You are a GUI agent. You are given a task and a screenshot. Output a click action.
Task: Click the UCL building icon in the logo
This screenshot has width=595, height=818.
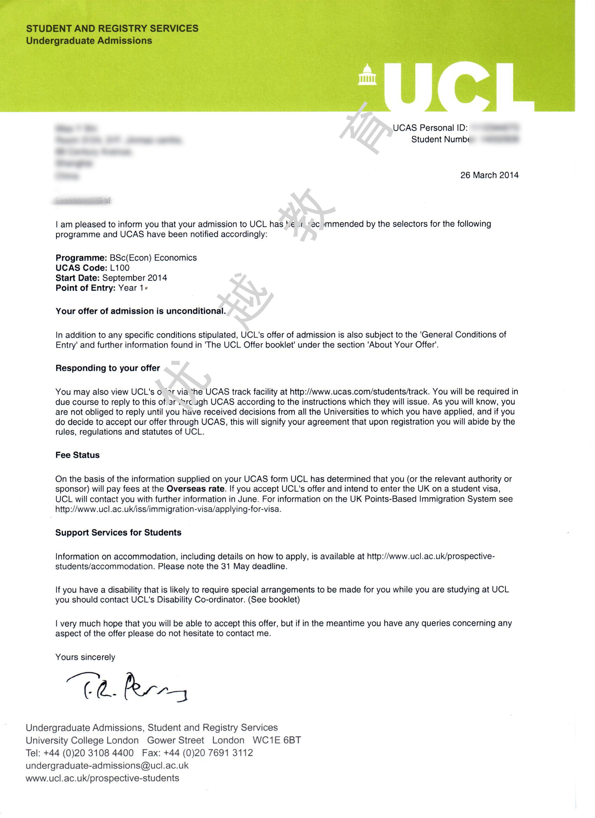367,75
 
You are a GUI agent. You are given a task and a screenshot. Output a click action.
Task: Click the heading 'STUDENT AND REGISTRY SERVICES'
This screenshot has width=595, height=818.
112,28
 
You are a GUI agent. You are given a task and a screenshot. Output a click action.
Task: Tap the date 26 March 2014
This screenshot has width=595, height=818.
489,175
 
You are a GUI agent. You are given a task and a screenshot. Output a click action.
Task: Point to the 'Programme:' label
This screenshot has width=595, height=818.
81,258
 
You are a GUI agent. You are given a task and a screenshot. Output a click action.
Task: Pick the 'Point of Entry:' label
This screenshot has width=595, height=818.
85,288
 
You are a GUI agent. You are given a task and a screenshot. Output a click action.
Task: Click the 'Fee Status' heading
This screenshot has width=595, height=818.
78,455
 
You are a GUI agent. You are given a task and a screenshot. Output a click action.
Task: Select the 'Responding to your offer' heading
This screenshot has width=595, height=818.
107,368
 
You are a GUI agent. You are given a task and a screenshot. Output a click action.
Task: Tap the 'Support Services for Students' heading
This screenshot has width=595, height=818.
118,533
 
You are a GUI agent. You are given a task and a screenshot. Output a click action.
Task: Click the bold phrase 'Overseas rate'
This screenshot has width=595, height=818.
195,489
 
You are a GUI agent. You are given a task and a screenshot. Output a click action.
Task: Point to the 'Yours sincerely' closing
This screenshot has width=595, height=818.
85,657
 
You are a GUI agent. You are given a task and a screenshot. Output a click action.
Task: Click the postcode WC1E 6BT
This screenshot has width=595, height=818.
277,740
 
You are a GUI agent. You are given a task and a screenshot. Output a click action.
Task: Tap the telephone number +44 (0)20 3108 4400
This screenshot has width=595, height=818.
89,753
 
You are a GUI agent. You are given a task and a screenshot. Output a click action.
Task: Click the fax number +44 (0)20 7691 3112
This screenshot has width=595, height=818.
208,753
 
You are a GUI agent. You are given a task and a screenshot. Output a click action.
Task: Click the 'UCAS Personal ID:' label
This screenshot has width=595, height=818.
430,128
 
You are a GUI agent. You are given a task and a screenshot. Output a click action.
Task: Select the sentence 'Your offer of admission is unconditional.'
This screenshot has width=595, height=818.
141,311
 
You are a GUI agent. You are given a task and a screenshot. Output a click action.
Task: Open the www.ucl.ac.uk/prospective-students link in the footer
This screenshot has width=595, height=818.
103,778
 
